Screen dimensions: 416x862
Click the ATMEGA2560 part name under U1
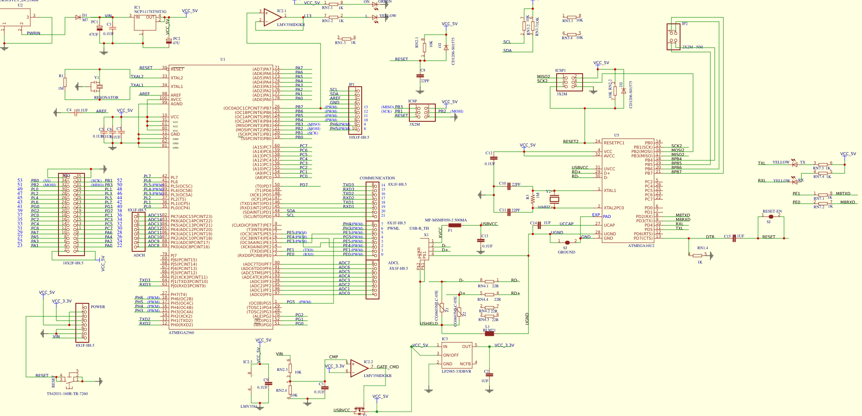point(181,333)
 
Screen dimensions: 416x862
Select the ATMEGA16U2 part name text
point(641,246)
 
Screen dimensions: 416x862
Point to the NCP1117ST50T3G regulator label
point(150,12)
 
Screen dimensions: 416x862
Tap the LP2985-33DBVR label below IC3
point(456,371)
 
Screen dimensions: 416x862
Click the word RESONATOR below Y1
point(106,97)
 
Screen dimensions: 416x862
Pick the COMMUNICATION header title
point(377,178)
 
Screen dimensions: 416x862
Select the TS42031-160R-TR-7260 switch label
point(67,394)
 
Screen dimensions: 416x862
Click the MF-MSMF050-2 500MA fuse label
point(446,220)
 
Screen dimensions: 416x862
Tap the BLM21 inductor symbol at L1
point(489,333)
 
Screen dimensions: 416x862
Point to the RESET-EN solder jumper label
point(772,211)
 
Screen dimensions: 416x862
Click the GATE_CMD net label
point(388,367)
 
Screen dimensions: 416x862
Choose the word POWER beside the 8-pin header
point(98,307)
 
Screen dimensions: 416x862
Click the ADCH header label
point(139,255)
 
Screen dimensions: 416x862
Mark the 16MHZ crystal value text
point(544,207)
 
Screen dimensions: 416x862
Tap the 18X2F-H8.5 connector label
point(73,263)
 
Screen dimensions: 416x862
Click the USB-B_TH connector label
point(419,228)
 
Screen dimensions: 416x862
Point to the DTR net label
point(710,237)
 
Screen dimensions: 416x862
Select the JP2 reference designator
point(684,24)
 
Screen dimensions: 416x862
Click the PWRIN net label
point(33,33)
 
